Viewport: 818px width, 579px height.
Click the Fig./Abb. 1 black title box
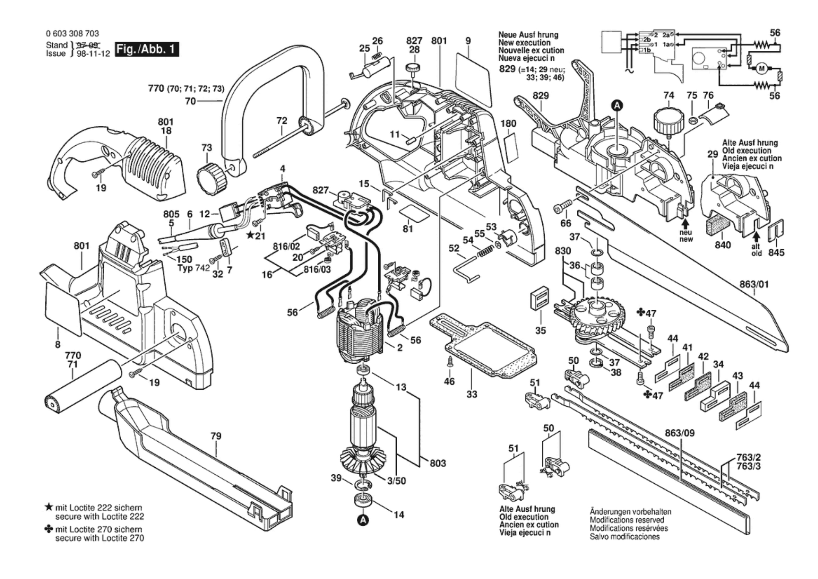click(147, 50)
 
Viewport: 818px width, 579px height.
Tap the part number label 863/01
click(754, 284)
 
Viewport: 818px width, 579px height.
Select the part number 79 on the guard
click(216, 436)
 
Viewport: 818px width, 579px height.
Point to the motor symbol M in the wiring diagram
click(761, 69)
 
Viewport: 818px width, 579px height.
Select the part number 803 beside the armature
click(437, 463)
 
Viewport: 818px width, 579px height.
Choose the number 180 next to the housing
click(508, 124)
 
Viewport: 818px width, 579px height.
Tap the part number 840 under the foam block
click(722, 245)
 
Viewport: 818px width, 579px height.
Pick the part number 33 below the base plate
click(472, 394)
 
